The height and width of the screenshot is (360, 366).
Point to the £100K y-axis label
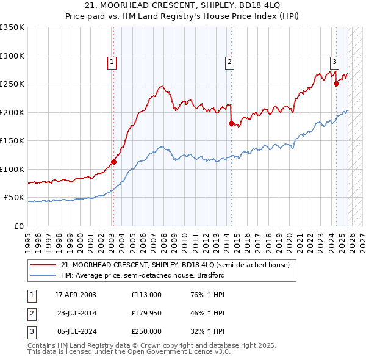(x=12, y=169)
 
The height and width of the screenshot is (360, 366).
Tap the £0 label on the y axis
(x=18, y=226)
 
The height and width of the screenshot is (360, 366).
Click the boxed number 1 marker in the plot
(x=113, y=61)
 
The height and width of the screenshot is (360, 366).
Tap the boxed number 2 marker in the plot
(x=229, y=61)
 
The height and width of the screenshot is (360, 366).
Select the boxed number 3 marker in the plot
(x=335, y=61)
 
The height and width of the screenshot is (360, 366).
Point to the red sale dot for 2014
(x=231, y=124)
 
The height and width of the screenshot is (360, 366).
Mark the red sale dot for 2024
(x=336, y=84)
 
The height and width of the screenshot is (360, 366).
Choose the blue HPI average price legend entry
(x=143, y=275)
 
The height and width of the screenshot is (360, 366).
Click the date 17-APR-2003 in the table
(x=76, y=295)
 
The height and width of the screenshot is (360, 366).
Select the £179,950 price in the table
(x=146, y=313)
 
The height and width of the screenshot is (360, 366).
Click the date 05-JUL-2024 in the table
(x=76, y=331)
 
